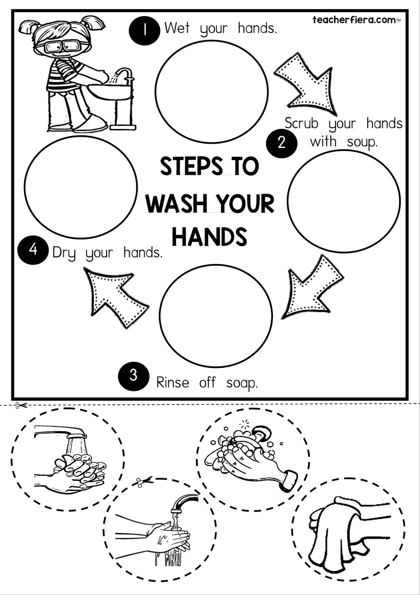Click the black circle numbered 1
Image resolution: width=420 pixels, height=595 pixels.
tap(144, 30)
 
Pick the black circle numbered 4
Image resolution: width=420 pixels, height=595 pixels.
tap(33, 250)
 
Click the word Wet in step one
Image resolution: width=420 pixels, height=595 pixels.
tap(177, 28)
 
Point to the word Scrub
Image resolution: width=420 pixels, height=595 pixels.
tap(301, 123)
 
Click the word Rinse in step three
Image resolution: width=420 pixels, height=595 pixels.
tap(173, 383)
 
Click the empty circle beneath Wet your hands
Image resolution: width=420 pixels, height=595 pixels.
tap(211, 91)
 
